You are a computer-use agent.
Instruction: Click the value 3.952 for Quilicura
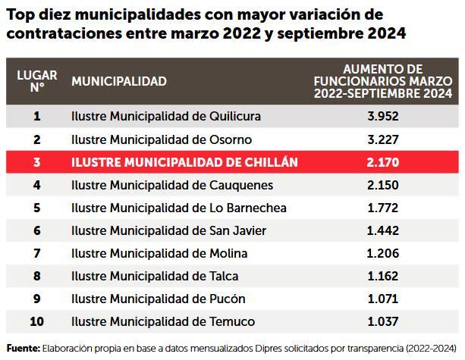(382, 117)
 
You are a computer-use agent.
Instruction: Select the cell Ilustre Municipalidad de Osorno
(161, 139)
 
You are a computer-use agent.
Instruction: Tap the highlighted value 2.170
(382, 162)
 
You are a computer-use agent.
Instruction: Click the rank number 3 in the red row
(36, 162)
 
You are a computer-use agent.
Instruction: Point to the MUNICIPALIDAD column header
(118, 81)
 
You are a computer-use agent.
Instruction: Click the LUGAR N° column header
(36, 80)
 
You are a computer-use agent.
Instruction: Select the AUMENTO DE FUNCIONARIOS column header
(382, 81)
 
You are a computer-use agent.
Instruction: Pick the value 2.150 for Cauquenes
(382, 185)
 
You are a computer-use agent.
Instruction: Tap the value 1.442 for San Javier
(382, 230)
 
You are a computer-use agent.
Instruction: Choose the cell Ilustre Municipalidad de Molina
(159, 253)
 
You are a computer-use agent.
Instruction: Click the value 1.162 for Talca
(382, 276)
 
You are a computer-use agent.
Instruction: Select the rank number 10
(36, 321)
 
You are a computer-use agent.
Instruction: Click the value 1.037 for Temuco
(382, 321)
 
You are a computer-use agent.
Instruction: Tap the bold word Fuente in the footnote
(22, 347)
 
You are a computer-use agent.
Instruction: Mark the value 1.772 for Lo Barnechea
(382, 208)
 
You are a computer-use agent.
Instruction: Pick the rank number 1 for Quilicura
(36, 117)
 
